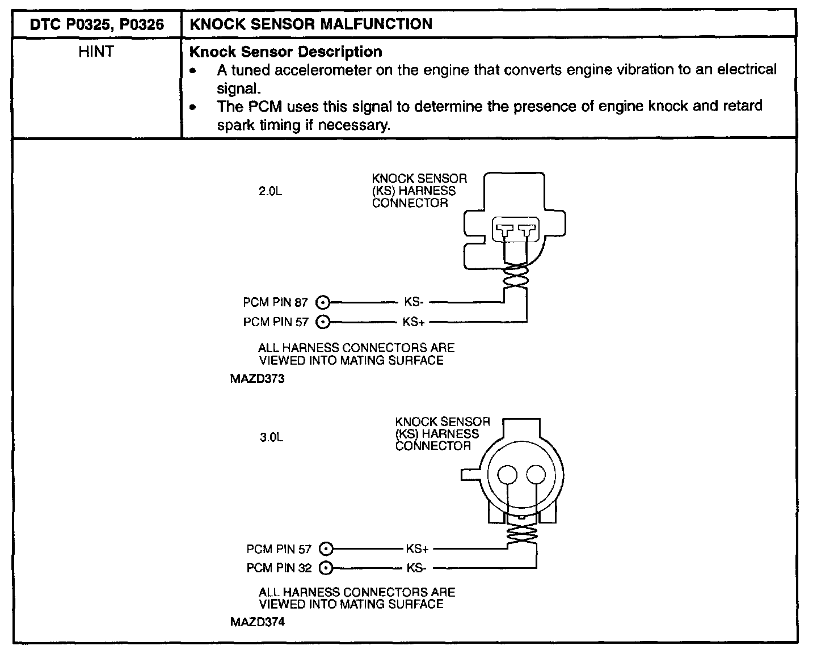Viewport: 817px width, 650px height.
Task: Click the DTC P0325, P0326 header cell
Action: point(97,24)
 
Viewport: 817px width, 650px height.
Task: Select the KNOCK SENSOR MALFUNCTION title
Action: point(310,24)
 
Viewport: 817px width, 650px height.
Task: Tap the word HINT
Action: point(96,52)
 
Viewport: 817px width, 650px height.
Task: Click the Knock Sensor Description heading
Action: point(285,52)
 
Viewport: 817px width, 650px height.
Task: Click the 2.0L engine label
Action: point(270,192)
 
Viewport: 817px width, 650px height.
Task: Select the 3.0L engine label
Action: point(271,437)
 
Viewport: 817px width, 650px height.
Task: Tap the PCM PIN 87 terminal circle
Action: point(323,302)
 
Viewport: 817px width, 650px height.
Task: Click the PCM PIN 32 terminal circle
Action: point(326,568)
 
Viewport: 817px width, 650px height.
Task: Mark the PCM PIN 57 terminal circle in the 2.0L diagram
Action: point(323,322)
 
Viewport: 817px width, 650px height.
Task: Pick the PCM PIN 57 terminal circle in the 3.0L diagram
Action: point(326,549)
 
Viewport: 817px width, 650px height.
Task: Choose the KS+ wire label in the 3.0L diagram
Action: point(417,549)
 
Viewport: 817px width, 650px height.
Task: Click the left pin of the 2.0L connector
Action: point(504,231)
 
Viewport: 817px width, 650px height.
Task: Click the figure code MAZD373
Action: point(257,379)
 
